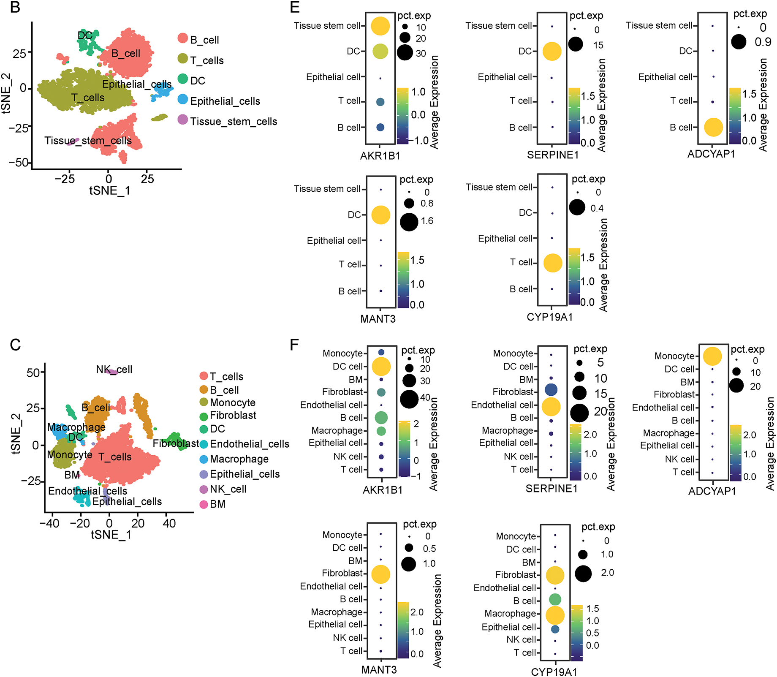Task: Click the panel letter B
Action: [x=15, y=8]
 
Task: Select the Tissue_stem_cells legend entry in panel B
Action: [x=233, y=122]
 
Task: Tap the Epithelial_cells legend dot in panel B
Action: [x=183, y=100]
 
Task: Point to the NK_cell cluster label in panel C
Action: [x=114, y=370]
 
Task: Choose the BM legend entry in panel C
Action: [x=217, y=504]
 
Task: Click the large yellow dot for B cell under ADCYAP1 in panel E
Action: [x=713, y=127]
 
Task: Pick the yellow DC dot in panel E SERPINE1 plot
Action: [x=552, y=52]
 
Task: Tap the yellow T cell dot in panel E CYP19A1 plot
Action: [x=553, y=263]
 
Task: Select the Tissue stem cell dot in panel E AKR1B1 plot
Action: [x=380, y=26]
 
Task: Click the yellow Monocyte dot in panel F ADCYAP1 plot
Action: [x=712, y=356]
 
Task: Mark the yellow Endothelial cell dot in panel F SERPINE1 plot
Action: [x=551, y=406]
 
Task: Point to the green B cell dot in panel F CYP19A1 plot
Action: [x=555, y=599]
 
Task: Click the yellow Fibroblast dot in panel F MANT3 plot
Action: [x=381, y=574]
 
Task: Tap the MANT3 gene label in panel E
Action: [x=378, y=319]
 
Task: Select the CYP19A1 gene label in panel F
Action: [x=554, y=672]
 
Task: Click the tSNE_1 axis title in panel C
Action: [x=111, y=535]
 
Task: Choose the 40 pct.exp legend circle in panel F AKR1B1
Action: [x=409, y=399]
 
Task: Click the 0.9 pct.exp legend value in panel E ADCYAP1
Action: [x=763, y=42]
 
